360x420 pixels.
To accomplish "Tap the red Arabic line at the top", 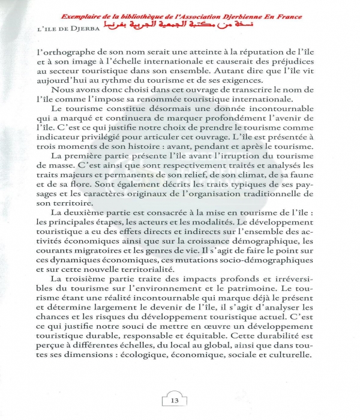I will pyautogui.click(x=180, y=26).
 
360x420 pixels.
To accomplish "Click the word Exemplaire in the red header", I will pyautogui.click(x=71, y=16).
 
